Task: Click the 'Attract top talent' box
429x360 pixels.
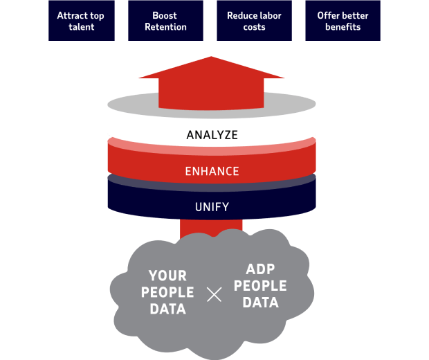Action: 81,21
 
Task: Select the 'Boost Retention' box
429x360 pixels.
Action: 166,21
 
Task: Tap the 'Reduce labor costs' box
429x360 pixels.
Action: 254,21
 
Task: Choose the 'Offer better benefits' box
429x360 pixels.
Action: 343,21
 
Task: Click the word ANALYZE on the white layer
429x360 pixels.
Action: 212,135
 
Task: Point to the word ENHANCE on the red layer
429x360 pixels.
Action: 212,171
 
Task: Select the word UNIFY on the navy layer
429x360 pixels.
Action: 212,206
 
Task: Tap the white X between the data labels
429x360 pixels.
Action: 214,294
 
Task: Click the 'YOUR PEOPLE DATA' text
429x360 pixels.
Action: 167,293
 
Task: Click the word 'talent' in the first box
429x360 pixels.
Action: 81,27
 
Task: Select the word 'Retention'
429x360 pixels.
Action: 166,27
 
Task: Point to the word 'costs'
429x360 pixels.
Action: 254,27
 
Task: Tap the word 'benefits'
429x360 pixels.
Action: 343,27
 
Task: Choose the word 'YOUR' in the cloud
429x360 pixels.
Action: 167,276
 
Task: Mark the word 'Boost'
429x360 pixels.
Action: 166,15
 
